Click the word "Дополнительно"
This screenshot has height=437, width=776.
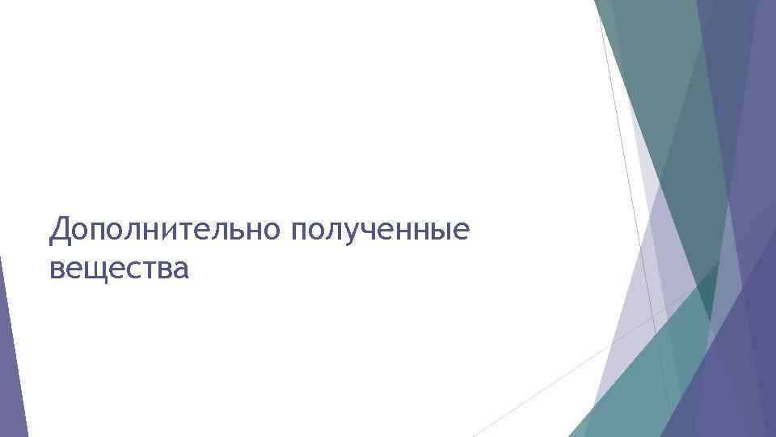pyautogui.click(x=165, y=231)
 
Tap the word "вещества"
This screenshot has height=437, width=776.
pyautogui.click(x=119, y=267)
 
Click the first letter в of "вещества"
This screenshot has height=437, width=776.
pyautogui.click(x=57, y=268)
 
